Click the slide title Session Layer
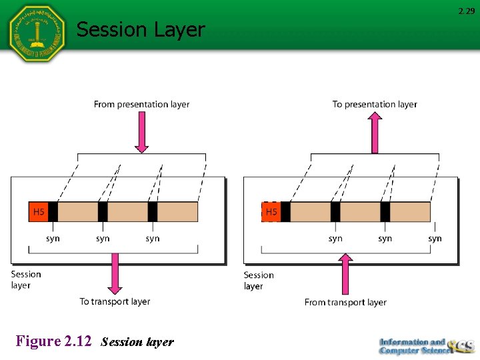pyautogui.click(x=141, y=29)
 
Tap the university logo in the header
pyautogui.click(x=36, y=33)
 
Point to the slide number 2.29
pyautogui.click(x=466, y=11)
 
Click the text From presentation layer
pyautogui.click(x=141, y=104)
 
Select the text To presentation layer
pyautogui.click(x=375, y=104)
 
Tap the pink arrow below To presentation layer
pyautogui.click(x=375, y=133)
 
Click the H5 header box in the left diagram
pyautogui.click(x=39, y=212)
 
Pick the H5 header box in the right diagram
pyautogui.click(x=271, y=212)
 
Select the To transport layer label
pyautogui.click(x=115, y=301)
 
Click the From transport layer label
pyautogui.click(x=345, y=302)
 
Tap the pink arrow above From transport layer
pyautogui.click(x=345, y=273)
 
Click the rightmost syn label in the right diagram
pyautogui.click(x=435, y=238)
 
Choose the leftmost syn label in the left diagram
pyautogui.click(x=53, y=238)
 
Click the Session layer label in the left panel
pyautogui.click(x=26, y=279)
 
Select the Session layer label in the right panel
pyautogui.click(x=259, y=280)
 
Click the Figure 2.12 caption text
pyautogui.click(x=94, y=342)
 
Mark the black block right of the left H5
pyautogui.click(x=53, y=212)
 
